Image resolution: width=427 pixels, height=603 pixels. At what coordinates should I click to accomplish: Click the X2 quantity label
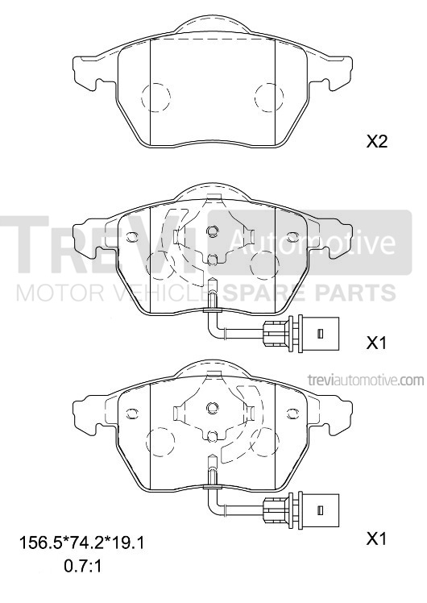click(376, 143)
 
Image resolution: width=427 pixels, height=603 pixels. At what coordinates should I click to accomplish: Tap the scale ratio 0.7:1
click(82, 566)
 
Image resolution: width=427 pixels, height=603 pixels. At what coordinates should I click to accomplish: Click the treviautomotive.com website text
click(366, 381)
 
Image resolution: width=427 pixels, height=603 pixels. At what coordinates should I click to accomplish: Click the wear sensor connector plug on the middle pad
click(301, 332)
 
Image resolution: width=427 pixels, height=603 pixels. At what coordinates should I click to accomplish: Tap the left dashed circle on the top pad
click(155, 98)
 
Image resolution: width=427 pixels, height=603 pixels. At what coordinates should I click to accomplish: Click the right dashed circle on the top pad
click(269, 98)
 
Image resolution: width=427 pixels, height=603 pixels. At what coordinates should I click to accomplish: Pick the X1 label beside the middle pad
click(376, 343)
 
